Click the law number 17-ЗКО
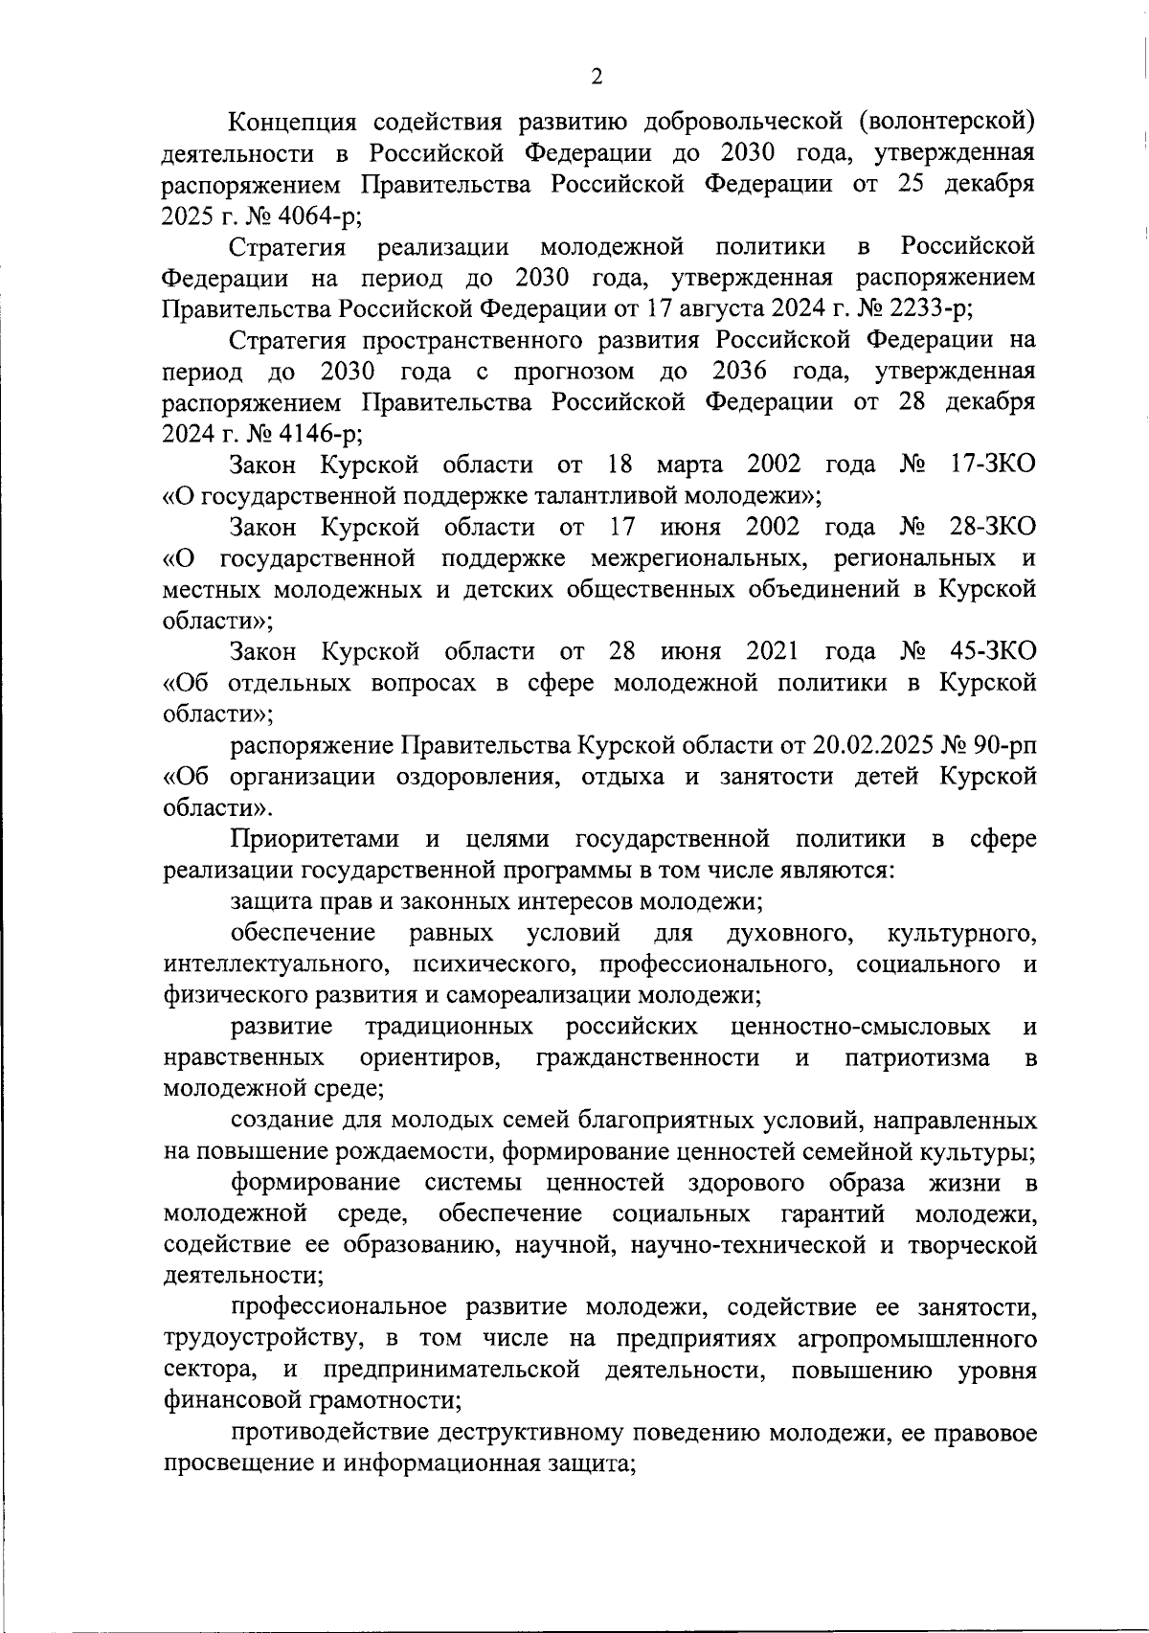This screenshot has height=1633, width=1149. tap(994, 465)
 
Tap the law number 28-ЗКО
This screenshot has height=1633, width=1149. tap(994, 528)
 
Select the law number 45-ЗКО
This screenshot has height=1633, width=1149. tap(994, 652)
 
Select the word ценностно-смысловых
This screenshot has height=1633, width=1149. tap(860, 1028)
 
